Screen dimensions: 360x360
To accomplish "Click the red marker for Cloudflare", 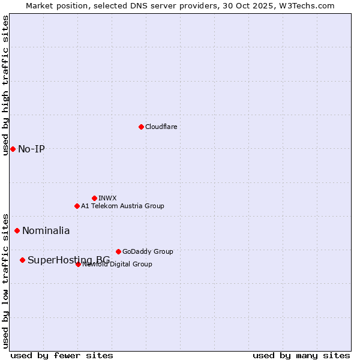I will (x=141, y=127).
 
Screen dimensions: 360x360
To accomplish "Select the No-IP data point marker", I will (x=13, y=149).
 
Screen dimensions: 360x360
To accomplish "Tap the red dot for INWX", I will (x=94, y=198).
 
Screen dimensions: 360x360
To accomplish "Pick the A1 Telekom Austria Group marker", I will (x=77, y=206).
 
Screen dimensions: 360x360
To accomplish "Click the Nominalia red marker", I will (x=17, y=230).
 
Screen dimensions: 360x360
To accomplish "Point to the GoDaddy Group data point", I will (x=118, y=251).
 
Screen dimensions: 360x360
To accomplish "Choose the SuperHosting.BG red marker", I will (x=22, y=260).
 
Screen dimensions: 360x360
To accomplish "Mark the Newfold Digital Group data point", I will (x=78, y=264).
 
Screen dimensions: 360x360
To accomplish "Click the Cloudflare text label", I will (x=161, y=127).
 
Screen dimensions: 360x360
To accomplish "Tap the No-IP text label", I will (x=31, y=149).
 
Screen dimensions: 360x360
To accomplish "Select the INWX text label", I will (x=107, y=198).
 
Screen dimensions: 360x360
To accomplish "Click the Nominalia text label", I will (x=46, y=230).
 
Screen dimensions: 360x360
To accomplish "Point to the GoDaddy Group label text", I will (x=148, y=251).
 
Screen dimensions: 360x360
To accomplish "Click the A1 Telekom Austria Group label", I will (x=122, y=206).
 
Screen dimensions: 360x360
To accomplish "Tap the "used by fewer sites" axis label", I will (x=62, y=355).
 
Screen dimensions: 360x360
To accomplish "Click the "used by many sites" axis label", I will (x=301, y=355).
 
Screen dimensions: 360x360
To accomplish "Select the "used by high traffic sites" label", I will (x=5, y=85).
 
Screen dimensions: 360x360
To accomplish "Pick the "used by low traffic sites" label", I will (x=5, y=281).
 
